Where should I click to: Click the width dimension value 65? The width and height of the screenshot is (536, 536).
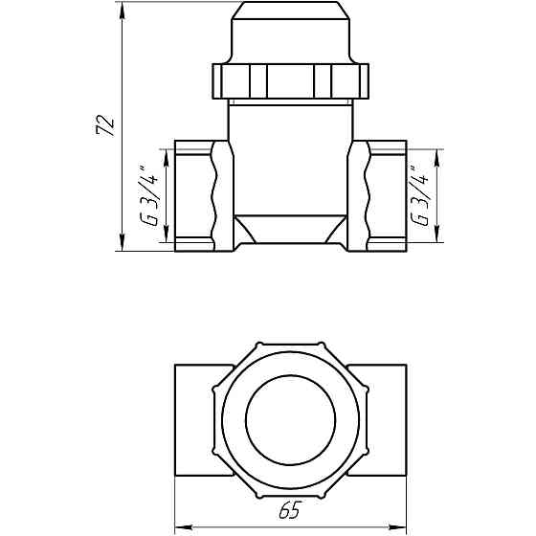[x=287, y=511]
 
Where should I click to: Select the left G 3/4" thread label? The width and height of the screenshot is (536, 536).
[x=149, y=197]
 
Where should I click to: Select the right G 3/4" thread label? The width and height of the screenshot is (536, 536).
[x=419, y=197]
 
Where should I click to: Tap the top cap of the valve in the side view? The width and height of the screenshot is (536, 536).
[x=286, y=33]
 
